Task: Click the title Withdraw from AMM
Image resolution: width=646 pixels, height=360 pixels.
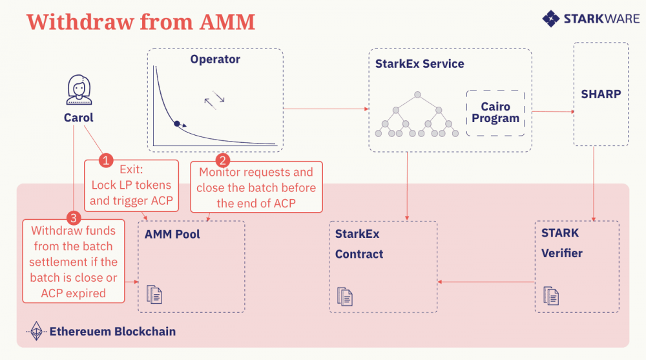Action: [x=141, y=22]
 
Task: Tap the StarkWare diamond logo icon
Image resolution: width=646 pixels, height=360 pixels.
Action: [x=551, y=18]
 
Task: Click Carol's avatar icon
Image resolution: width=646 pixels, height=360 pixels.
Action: [x=78, y=90]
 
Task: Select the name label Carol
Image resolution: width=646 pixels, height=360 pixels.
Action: [x=78, y=118]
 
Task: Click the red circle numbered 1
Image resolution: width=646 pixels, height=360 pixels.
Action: [x=105, y=159]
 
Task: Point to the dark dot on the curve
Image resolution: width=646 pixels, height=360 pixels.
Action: [x=176, y=123]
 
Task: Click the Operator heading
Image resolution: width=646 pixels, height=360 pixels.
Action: [x=215, y=59]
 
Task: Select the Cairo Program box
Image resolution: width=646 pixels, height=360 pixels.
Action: [x=495, y=112]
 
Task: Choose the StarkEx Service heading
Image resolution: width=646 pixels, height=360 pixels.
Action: [x=419, y=64]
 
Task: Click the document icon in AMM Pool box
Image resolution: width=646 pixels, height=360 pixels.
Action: [x=154, y=294]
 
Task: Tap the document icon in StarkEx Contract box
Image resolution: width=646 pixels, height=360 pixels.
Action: [x=345, y=296]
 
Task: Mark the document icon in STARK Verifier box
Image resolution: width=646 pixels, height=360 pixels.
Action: [x=551, y=295]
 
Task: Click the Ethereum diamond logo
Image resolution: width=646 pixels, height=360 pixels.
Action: [x=37, y=331]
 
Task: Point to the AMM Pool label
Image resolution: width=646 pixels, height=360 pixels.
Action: [x=172, y=234]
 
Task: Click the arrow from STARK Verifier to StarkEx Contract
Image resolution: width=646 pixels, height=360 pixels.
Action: [x=486, y=281]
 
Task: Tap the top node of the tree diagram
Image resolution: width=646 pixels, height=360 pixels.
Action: [x=418, y=95]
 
